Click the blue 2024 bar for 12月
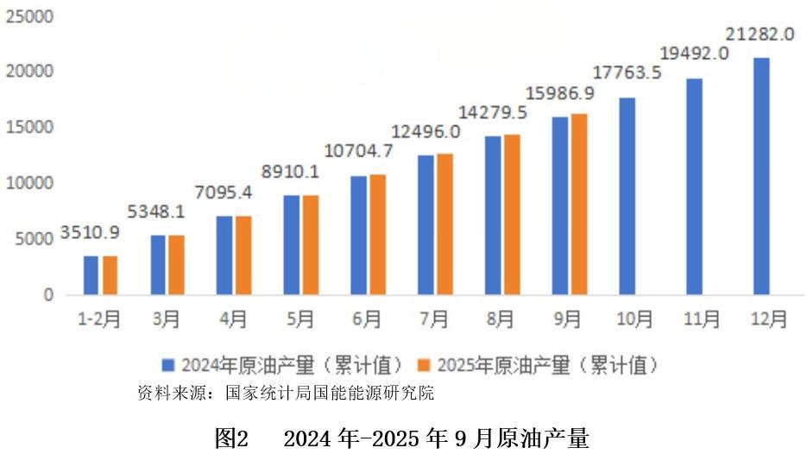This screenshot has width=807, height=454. (x=760, y=176)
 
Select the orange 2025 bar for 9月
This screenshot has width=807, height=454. (x=579, y=205)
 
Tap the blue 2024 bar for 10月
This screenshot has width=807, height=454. (x=627, y=196)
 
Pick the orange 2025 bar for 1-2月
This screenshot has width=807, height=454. (x=110, y=275)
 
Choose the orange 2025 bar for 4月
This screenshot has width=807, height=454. (x=243, y=255)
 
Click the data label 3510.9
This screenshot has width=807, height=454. (x=90, y=232)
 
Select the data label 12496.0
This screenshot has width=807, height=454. (x=426, y=131)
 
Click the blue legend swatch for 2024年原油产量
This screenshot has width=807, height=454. (x=169, y=365)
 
